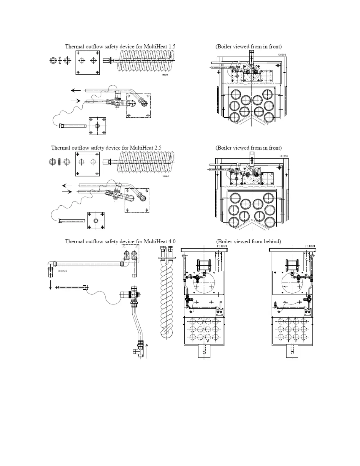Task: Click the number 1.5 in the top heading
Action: pos(171,46)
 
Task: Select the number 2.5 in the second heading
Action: pos(157,148)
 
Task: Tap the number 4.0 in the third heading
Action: pos(171,242)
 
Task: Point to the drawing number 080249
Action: pos(62,271)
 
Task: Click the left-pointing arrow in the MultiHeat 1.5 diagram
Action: pos(76,90)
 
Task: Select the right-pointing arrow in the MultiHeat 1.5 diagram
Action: pos(76,101)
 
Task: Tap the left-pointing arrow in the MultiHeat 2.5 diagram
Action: pos(67,186)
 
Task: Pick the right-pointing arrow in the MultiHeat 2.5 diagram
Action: pos(67,192)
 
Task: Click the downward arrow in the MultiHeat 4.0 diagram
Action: pos(50,284)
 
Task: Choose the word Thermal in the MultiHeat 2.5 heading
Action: pos(61,148)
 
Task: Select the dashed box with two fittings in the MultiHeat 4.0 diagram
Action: pos(130,253)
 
